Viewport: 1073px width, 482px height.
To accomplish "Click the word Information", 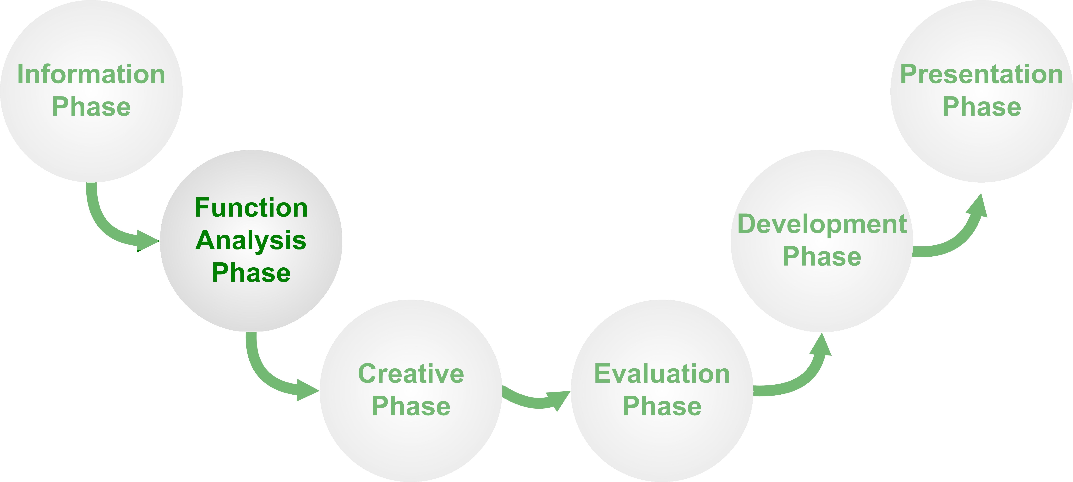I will point(91,74).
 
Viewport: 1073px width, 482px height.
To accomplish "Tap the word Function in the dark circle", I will point(251,208).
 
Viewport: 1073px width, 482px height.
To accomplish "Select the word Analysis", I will point(251,241).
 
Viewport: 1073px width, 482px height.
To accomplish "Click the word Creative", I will point(411,374).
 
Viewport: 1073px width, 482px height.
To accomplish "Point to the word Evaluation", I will point(662,374).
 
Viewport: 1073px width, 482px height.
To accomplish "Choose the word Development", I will point(822,224).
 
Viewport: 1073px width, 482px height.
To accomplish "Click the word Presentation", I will point(982,74).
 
